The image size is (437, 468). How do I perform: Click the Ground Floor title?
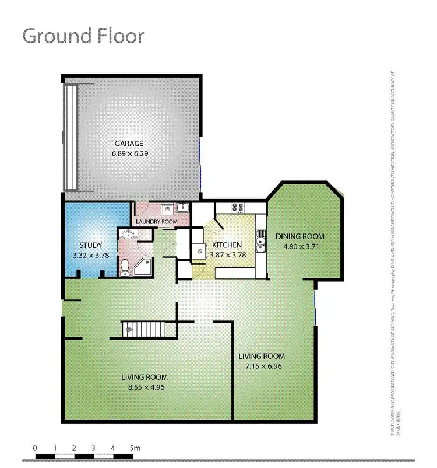[x=83, y=36]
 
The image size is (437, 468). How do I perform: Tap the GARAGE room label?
[x=128, y=144]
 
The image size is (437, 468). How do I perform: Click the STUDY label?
[x=90, y=245]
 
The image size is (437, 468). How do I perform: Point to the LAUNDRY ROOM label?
[x=156, y=222]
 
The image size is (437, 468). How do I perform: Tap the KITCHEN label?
[x=226, y=245]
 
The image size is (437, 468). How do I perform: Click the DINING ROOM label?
[x=300, y=236]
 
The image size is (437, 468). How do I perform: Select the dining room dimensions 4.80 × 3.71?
[x=300, y=246]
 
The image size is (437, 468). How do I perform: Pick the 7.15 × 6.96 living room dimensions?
[x=262, y=366]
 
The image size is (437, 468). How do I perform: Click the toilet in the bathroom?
[x=124, y=267]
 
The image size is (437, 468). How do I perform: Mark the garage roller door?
[x=71, y=137]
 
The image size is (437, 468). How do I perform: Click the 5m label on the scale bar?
[x=135, y=448]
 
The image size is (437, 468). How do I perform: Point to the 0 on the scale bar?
[x=36, y=448]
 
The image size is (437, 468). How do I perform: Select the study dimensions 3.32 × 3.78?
[x=90, y=255]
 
